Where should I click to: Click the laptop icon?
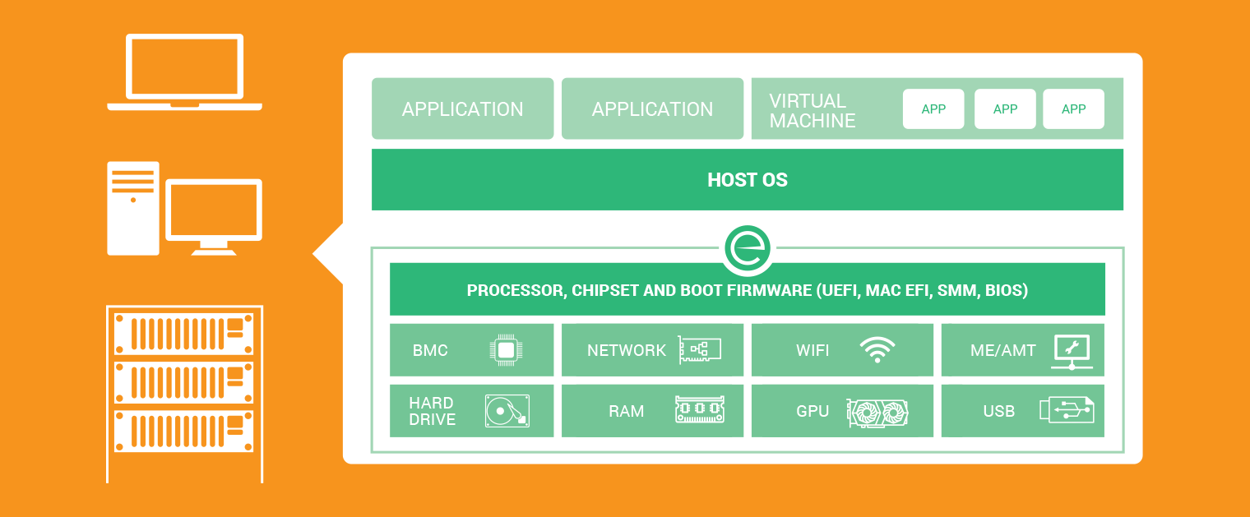tap(184, 72)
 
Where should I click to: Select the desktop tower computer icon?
tap(132, 208)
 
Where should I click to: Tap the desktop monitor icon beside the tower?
tap(214, 215)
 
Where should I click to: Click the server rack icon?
tap(184, 393)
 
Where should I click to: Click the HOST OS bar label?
tap(747, 180)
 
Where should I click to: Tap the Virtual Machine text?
tap(812, 110)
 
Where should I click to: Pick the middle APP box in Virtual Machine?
tap(1005, 109)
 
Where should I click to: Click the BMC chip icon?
tap(506, 350)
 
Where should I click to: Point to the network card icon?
tap(699, 349)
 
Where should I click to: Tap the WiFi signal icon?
tap(877, 349)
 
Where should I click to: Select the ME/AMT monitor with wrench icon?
tap(1072, 351)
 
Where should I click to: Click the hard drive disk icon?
tap(507, 410)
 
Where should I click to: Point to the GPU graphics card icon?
tap(877, 410)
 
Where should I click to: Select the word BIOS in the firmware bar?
tap(1006, 290)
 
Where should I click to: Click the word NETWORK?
tap(626, 350)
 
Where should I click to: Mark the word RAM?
tap(626, 411)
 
